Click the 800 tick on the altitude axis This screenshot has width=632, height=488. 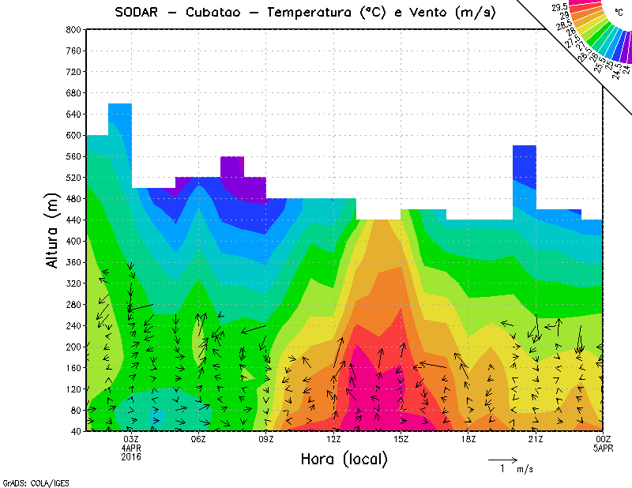click(x=72, y=29)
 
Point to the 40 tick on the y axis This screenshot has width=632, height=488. click(x=75, y=431)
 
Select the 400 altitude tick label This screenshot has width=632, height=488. click(x=72, y=241)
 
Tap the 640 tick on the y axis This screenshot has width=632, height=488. click(x=72, y=114)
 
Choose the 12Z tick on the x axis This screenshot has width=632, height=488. click(x=333, y=439)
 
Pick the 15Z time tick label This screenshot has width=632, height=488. click(x=401, y=439)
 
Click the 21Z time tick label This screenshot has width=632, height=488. click(x=536, y=439)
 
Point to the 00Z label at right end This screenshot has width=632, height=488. click(x=603, y=439)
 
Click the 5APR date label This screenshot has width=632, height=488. click(x=603, y=448)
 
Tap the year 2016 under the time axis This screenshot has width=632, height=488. click(x=130, y=456)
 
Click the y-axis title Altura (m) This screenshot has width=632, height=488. click(x=52, y=229)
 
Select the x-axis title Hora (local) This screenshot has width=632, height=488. click(x=343, y=459)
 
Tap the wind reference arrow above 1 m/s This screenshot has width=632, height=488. click(x=502, y=459)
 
